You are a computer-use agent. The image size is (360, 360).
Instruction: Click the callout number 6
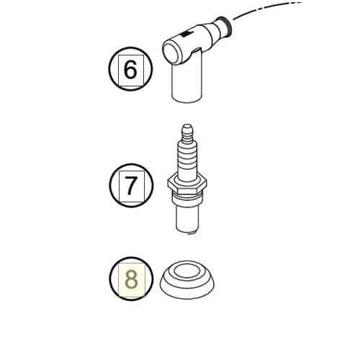click(x=130, y=70)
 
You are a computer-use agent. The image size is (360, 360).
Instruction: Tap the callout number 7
click(x=130, y=185)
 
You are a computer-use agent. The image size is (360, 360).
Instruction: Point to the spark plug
click(x=186, y=179)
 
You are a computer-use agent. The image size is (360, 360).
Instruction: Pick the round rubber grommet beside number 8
click(x=187, y=279)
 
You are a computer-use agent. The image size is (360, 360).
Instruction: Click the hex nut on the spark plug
click(x=186, y=184)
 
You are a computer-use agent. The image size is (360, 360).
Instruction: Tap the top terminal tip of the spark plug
click(x=187, y=128)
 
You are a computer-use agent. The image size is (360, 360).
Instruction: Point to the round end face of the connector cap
click(x=171, y=53)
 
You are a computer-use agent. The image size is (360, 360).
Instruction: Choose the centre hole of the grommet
click(x=186, y=272)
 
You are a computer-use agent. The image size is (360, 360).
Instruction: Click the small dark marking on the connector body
click(x=184, y=34)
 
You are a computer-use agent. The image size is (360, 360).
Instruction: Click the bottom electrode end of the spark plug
click(x=189, y=232)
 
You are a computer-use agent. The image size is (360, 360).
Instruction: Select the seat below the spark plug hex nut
click(x=186, y=199)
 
